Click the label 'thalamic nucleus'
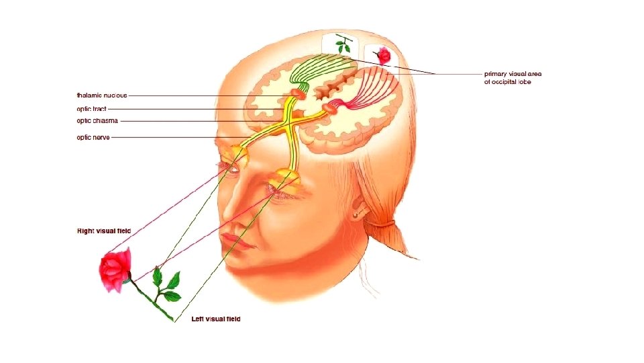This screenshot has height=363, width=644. tap(102, 95)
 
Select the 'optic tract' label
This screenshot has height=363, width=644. tap(92, 108)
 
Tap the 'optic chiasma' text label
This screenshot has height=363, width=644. tap(97, 121)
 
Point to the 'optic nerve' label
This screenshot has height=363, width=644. tap(93, 137)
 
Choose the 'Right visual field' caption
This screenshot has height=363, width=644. tap(104, 231)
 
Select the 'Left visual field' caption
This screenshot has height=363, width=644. tap(216, 319)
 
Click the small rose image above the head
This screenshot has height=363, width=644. tap(384, 56)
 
